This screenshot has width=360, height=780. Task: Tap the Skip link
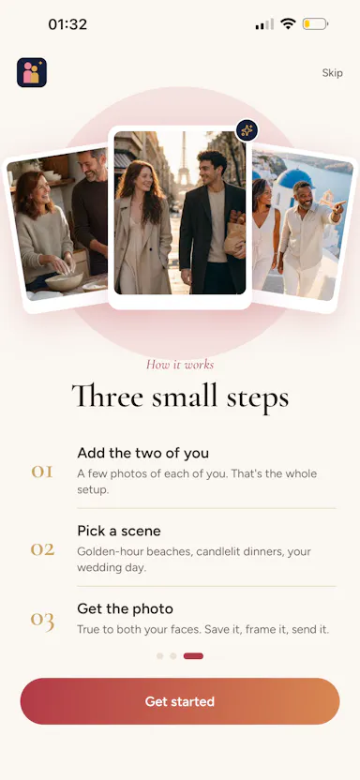click(332, 72)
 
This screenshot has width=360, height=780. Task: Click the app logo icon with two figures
click(32, 72)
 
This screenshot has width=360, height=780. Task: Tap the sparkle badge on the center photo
click(247, 131)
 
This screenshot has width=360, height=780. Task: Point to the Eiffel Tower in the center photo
click(184, 158)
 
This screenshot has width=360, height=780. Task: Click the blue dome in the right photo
click(293, 179)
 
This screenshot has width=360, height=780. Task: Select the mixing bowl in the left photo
click(64, 281)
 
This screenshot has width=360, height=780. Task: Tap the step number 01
click(42, 472)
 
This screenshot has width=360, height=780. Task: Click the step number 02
click(42, 549)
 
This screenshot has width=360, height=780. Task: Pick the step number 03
click(42, 621)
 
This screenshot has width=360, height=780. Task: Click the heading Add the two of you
click(143, 453)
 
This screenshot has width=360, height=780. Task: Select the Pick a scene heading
click(119, 531)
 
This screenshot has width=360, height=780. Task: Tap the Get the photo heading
click(126, 608)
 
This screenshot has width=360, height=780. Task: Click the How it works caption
click(180, 365)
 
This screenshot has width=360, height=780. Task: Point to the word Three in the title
click(108, 397)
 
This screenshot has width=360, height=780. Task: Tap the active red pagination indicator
click(193, 656)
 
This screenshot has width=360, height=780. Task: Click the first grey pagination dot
click(159, 656)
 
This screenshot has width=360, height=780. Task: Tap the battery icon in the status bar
click(315, 23)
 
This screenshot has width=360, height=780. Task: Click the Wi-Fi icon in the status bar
click(288, 23)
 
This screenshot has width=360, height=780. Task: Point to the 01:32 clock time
click(67, 23)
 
